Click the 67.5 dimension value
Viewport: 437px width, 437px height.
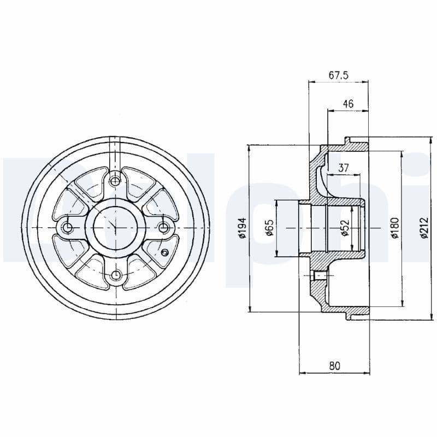339,76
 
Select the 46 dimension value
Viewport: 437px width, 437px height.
348,104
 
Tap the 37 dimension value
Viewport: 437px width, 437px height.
344,168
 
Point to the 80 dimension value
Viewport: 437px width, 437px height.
334,366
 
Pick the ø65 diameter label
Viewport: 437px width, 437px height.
269,228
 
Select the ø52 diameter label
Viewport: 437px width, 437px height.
344,228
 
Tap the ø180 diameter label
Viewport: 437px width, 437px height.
395,228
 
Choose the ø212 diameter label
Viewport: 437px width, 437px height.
424,228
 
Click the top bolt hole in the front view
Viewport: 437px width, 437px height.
115,180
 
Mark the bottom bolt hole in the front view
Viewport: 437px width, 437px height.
115,275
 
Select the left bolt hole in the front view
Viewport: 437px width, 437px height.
68,227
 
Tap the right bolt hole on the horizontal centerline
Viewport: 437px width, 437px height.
163,227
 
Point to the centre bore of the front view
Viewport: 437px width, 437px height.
115,227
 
